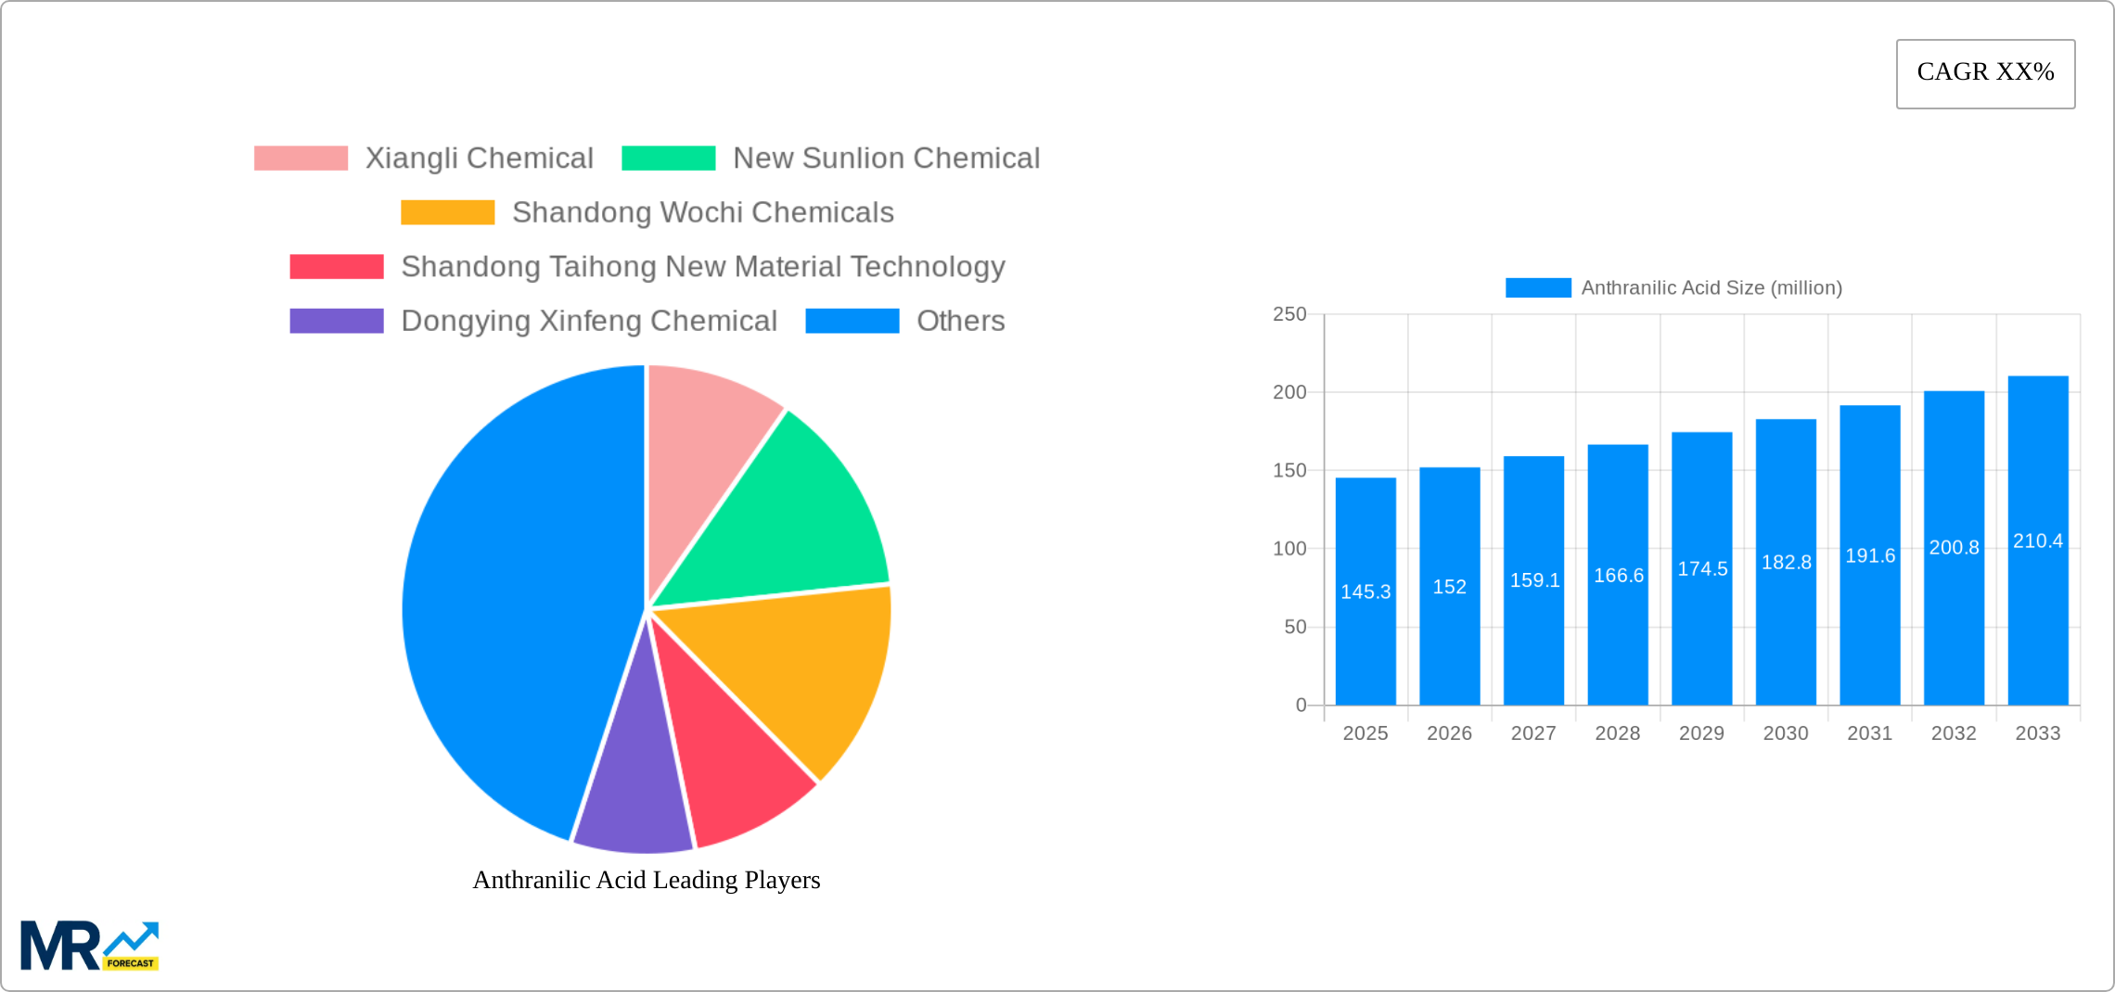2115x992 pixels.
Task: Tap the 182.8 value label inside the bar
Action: (x=1786, y=562)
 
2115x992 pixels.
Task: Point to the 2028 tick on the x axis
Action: (x=1617, y=733)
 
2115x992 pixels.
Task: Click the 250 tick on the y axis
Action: (x=1289, y=314)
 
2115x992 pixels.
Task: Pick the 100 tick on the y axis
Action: (x=1289, y=549)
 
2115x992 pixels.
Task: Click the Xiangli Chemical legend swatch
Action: (x=301, y=159)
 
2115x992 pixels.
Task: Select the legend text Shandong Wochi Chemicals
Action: (x=702, y=212)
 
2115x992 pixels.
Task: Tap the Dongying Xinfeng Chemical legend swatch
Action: (x=336, y=321)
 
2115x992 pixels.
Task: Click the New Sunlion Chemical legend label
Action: (x=886, y=159)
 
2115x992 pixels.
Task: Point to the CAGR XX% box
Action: (x=1985, y=73)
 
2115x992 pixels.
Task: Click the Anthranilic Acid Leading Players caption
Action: (x=647, y=880)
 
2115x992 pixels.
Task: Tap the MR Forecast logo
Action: (x=89, y=946)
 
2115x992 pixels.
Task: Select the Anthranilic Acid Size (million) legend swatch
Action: (x=1537, y=288)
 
